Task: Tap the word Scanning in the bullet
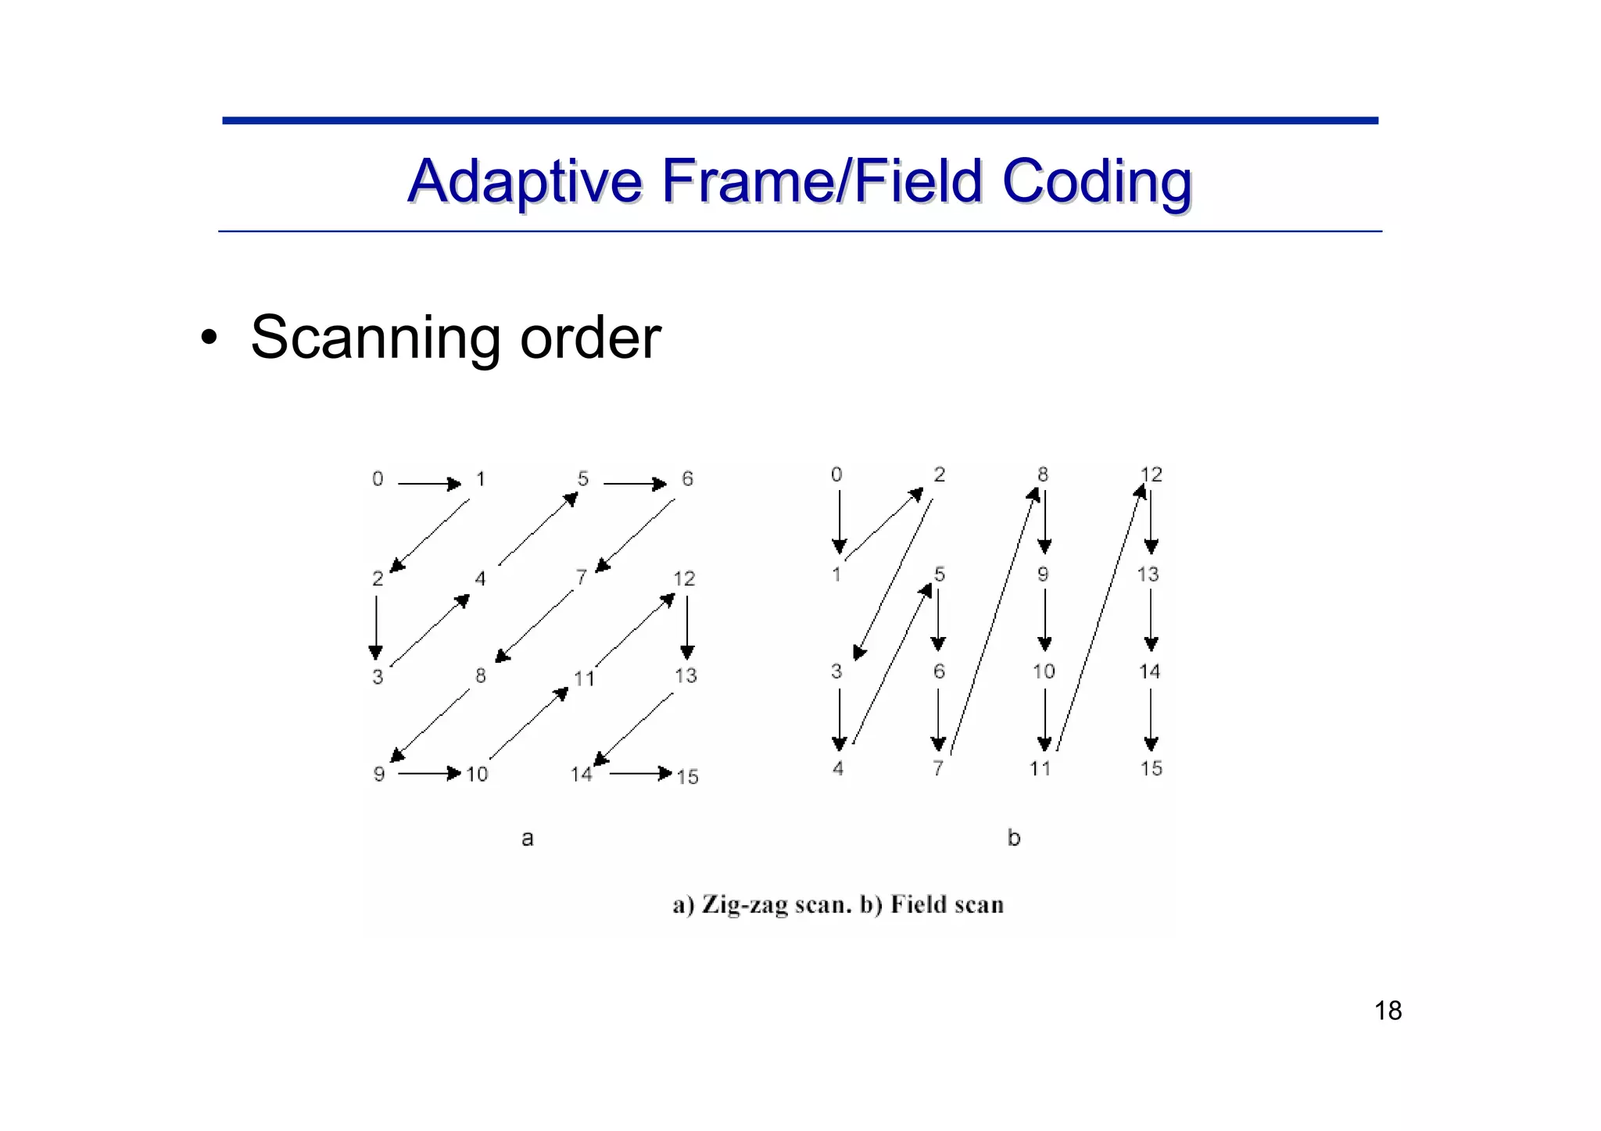coord(374,338)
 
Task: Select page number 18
coord(1388,1011)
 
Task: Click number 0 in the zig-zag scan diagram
coord(378,478)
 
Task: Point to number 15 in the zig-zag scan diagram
coord(687,777)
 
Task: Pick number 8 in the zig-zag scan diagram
coord(480,675)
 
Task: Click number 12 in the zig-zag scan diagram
coord(684,578)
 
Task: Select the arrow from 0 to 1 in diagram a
coord(429,485)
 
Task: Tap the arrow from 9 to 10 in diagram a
coord(429,774)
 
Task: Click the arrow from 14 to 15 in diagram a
coord(640,774)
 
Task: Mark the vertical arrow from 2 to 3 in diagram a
coord(376,628)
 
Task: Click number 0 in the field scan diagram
coord(836,474)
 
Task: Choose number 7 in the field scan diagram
coord(938,768)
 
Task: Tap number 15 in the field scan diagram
coord(1151,768)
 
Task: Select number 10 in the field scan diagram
coord(1044,671)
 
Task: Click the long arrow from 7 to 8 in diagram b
coord(993,621)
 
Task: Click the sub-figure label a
coord(528,839)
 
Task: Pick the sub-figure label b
coord(1014,839)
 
